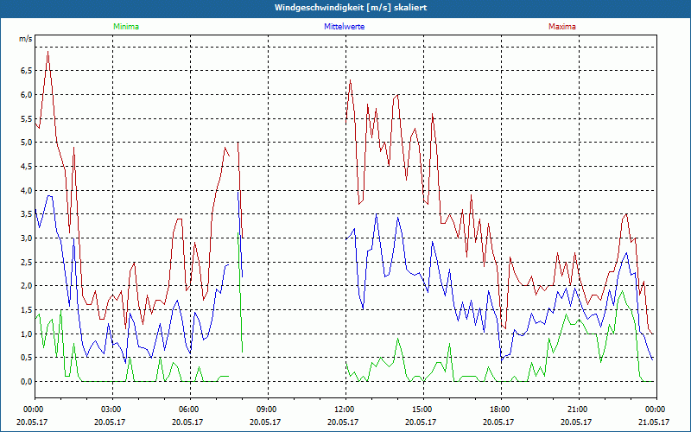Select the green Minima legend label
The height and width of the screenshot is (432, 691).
[125, 27]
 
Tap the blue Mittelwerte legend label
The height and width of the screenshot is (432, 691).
[344, 27]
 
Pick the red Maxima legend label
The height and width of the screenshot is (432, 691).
[562, 27]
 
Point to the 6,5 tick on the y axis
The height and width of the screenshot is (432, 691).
[25, 71]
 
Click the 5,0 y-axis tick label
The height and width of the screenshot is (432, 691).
[25, 143]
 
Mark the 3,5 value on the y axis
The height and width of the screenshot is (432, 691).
[25, 214]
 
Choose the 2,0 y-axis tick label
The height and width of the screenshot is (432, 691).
[25, 286]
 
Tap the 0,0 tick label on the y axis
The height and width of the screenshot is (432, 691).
[25, 381]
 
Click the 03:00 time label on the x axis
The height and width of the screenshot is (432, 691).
[111, 410]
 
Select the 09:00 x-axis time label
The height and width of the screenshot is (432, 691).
[266, 410]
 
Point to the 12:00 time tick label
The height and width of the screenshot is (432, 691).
[344, 410]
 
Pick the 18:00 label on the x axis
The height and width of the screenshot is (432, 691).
[499, 410]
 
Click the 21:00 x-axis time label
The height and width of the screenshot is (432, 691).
[577, 410]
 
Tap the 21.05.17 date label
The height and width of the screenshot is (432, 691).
[655, 422]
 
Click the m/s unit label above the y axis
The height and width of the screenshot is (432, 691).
[25, 39]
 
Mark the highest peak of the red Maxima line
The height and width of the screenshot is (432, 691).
[48, 52]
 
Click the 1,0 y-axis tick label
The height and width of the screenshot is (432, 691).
[25, 334]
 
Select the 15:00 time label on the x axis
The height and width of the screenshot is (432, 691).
[422, 410]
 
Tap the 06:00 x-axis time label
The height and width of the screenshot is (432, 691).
[188, 410]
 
